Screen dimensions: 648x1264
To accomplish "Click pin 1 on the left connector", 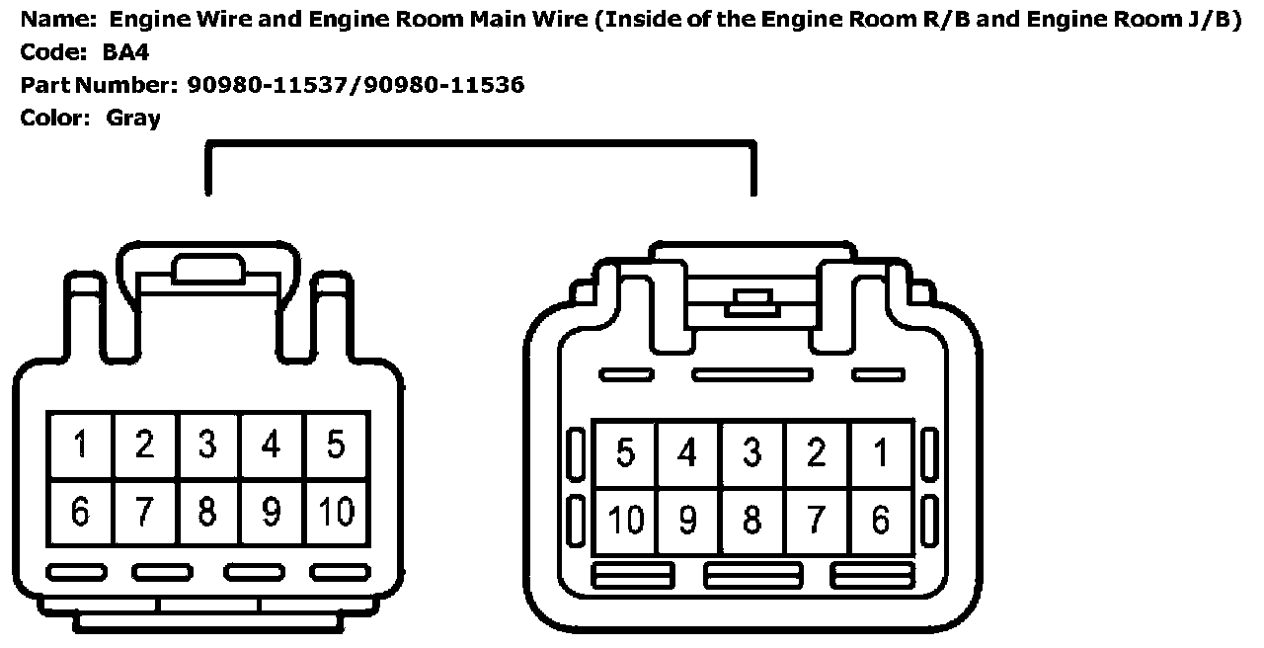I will [x=81, y=445].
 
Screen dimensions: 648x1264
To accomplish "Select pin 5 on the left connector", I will [x=336, y=445].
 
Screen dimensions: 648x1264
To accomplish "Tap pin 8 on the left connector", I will [x=207, y=512].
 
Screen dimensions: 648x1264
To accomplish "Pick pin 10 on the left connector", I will [x=336, y=512].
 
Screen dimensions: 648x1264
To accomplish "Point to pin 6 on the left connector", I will [x=81, y=512].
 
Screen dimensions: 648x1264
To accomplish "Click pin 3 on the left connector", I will [x=207, y=445].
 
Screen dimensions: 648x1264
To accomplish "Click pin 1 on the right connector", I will [x=881, y=453].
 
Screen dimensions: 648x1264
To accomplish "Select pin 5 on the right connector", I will [x=625, y=453].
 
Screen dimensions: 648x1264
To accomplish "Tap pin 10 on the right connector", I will [x=625, y=520].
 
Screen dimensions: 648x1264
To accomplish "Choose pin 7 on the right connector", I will [x=817, y=520].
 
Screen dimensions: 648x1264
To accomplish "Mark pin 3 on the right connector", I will [x=752, y=453].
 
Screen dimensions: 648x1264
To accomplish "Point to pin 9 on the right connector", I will [x=688, y=520].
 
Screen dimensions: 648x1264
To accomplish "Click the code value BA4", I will [x=126, y=52].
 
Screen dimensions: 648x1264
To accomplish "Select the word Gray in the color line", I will [x=133, y=119].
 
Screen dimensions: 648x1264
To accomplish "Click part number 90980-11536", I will [x=444, y=85].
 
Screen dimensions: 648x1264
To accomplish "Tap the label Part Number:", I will [x=99, y=85].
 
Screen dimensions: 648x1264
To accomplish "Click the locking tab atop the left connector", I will [x=207, y=270].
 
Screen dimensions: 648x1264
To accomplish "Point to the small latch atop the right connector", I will [x=752, y=301].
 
